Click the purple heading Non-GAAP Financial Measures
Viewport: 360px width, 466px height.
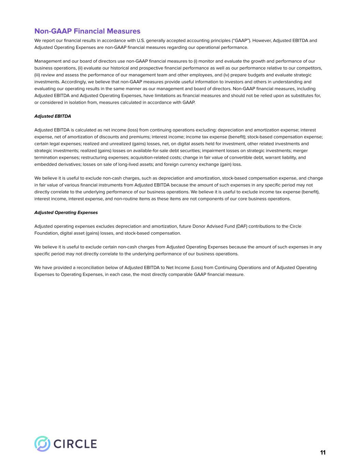click(x=87, y=31)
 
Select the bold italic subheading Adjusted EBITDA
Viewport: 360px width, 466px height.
click(x=53, y=116)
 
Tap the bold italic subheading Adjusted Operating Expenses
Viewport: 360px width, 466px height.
click(x=66, y=212)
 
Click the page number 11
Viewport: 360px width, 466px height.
click(x=323, y=453)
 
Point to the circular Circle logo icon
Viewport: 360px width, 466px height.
click(x=42, y=444)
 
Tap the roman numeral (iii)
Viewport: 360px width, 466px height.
click(x=38, y=75)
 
